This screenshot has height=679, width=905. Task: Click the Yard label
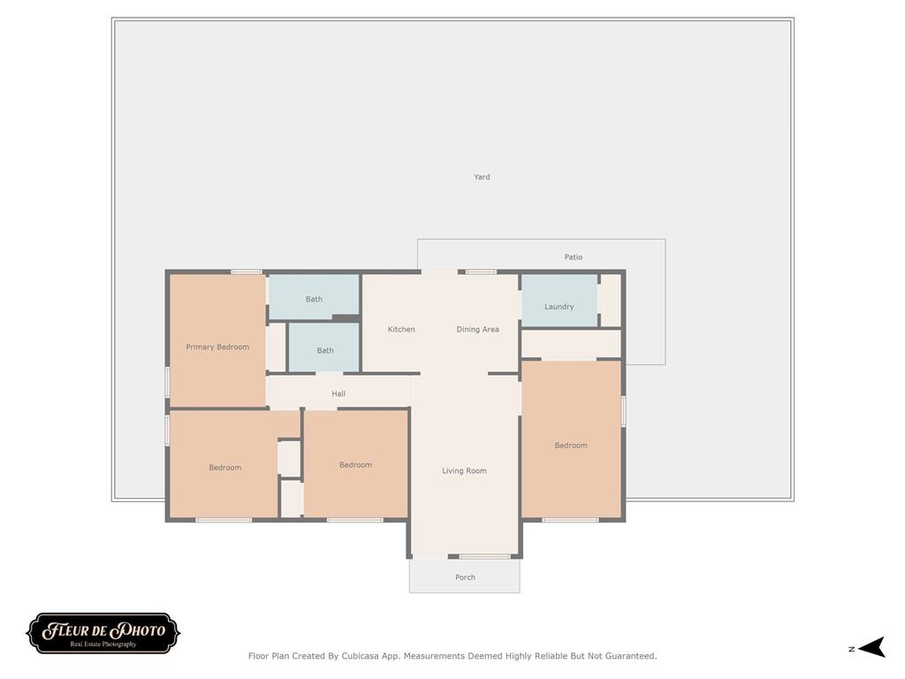point(482,177)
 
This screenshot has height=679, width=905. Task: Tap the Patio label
point(574,257)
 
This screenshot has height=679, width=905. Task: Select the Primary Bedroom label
point(217,347)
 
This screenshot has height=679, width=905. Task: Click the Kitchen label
point(401,330)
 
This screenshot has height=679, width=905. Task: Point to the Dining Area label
point(477,330)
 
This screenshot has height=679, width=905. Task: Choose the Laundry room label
point(559,307)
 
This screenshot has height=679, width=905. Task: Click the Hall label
point(338,393)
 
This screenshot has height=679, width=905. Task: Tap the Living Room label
point(464,471)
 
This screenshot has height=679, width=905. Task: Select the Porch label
point(465,577)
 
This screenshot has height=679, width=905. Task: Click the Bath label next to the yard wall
point(314,300)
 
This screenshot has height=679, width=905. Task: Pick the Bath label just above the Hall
point(325,351)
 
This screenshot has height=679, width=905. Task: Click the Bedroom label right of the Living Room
point(571,446)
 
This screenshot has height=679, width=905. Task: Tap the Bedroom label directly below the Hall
point(355,465)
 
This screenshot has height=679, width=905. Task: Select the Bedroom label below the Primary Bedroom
point(224,468)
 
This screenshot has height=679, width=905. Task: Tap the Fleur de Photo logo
point(103,633)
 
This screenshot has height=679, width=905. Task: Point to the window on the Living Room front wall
point(484,556)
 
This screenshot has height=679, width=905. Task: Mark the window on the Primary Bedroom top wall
point(247,271)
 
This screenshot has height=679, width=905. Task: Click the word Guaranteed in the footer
point(627,656)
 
